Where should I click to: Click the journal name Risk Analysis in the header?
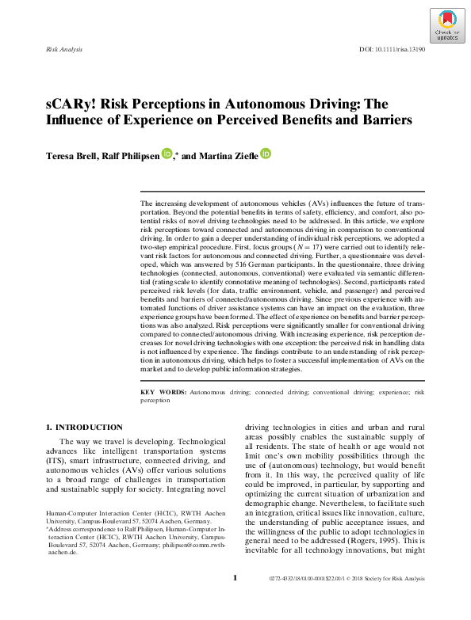66,49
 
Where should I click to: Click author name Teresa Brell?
68,156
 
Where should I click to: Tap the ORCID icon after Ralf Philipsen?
166,154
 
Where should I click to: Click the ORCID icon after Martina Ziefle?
265,154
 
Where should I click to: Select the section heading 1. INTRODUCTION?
84,428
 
